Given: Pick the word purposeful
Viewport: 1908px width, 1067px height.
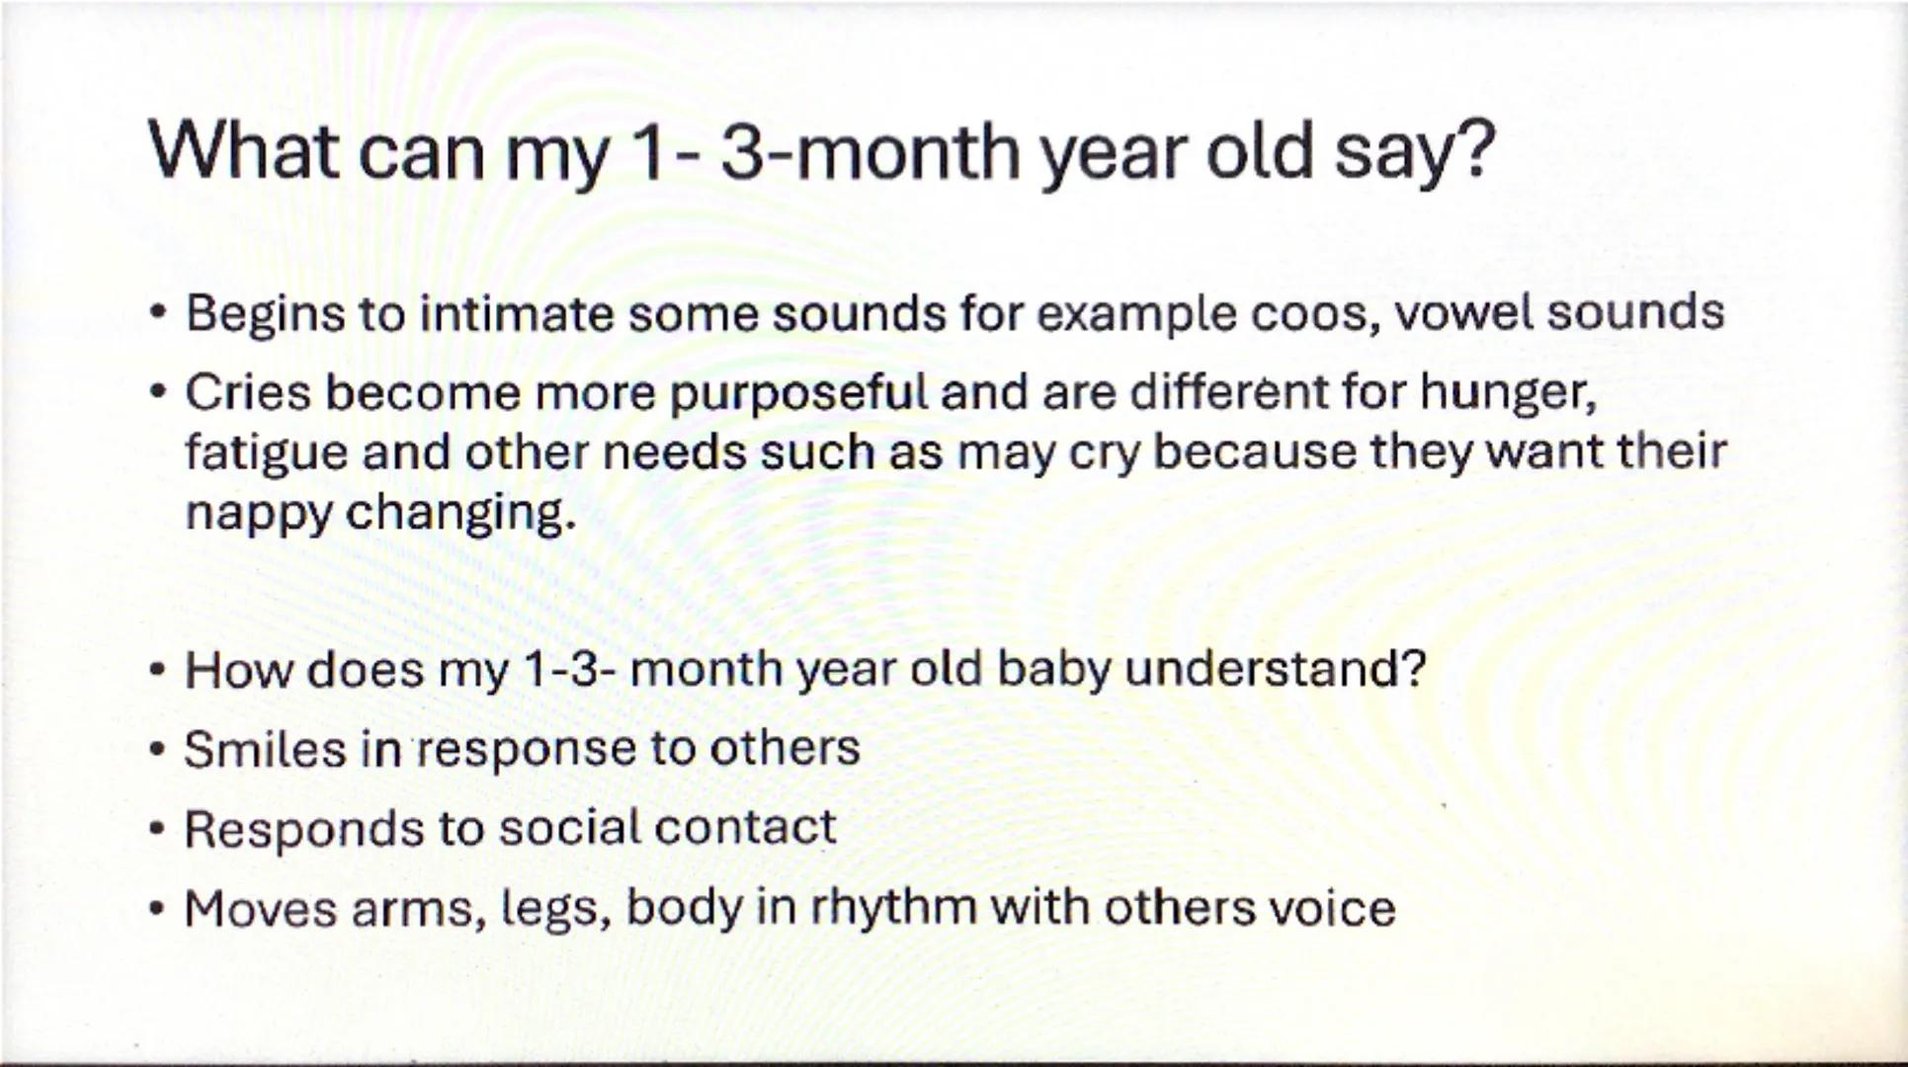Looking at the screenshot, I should [x=798, y=393].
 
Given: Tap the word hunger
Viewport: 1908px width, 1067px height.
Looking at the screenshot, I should [x=1508, y=393].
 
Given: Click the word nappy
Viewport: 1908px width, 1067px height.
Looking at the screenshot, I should [x=258, y=513].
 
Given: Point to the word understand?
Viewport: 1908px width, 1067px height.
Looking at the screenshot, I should [x=1276, y=669].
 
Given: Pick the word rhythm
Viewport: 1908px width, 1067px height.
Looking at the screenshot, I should [x=893, y=908].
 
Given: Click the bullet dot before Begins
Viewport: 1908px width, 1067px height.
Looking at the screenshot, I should [x=157, y=314].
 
